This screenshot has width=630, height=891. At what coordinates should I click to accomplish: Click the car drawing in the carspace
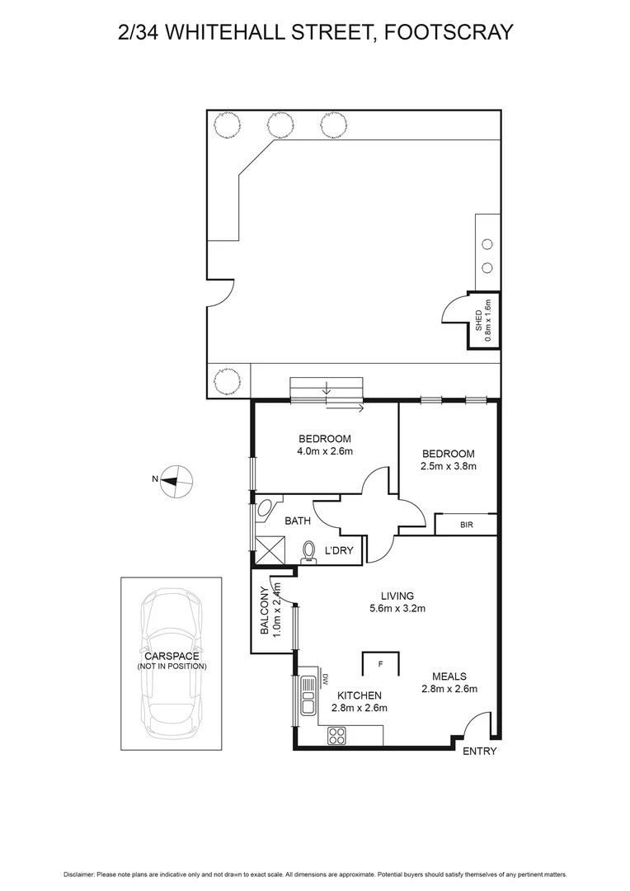point(172,660)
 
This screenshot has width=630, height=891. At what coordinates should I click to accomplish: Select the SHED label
point(479,320)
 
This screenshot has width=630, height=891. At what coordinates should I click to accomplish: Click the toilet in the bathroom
point(310,550)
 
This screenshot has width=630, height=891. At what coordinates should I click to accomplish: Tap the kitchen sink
point(308,694)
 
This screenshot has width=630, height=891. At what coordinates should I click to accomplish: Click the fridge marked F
point(380,663)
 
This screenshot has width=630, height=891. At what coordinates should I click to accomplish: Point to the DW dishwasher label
point(325,677)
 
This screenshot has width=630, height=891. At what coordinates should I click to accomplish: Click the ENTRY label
point(480,752)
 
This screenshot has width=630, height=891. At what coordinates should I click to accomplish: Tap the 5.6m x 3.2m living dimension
point(397,610)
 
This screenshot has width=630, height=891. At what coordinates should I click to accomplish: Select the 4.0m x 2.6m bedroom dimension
point(324,451)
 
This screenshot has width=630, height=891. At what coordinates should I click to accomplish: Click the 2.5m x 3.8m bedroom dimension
point(449,466)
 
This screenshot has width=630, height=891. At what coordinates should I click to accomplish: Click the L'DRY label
point(339,550)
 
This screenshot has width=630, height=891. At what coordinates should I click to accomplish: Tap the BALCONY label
point(265,612)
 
